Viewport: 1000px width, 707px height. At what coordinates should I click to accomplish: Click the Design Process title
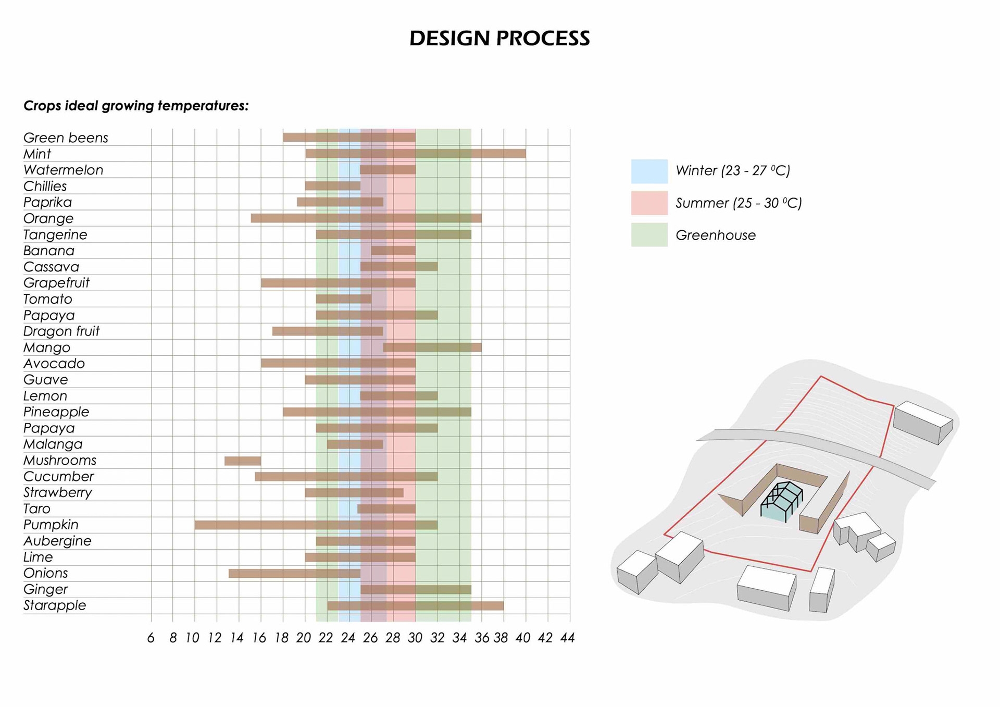pyautogui.click(x=499, y=38)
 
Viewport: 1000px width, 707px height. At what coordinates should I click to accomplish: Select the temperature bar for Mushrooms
pyautogui.click(x=243, y=461)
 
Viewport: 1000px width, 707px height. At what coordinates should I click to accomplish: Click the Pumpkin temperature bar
pyautogui.click(x=316, y=525)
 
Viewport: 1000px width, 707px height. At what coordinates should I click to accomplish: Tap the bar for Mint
pyautogui.click(x=416, y=154)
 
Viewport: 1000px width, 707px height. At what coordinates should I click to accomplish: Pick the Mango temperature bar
pyautogui.click(x=432, y=348)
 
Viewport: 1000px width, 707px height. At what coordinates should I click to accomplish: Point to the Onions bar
pyautogui.click(x=295, y=573)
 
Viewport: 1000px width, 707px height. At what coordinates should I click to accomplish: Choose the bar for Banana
pyautogui.click(x=393, y=251)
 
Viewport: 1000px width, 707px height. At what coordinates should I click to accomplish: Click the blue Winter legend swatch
pyautogui.click(x=649, y=171)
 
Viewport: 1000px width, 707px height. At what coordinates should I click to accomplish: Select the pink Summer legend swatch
pyautogui.click(x=649, y=203)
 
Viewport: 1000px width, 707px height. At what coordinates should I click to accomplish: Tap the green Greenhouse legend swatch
pyautogui.click(x=649, y=234)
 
